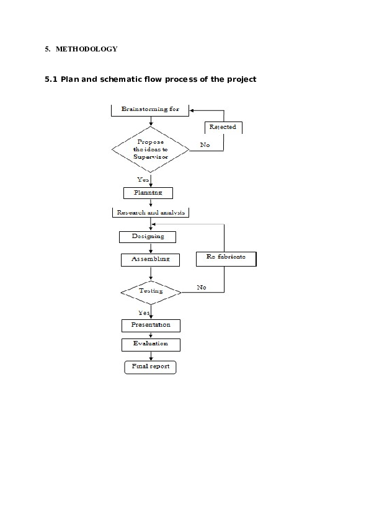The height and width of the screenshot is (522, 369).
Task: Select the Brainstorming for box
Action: [150, 110]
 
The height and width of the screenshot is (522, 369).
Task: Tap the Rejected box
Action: [223, 127]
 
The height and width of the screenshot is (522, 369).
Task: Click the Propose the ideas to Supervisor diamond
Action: [150, 149]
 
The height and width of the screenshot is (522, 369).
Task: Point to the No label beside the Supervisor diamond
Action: [205, 145]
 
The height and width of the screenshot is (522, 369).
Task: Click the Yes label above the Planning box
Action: [143, 179]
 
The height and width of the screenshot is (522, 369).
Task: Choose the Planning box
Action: [148, 193]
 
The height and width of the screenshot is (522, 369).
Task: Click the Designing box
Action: [148, 237]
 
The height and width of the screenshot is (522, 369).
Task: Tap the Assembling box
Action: [150, 259]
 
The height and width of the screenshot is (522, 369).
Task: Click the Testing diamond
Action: [151, 291]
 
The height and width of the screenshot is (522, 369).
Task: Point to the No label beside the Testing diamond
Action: [202, 288]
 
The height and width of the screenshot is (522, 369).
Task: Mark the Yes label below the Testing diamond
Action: [144, 313]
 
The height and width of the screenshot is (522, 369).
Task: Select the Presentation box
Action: [151, 325]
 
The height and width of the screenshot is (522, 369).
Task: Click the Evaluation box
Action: [151, 343]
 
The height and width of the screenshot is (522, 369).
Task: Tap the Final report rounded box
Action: [151, 367]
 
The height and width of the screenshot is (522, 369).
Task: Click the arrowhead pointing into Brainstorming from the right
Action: [193, 110]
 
